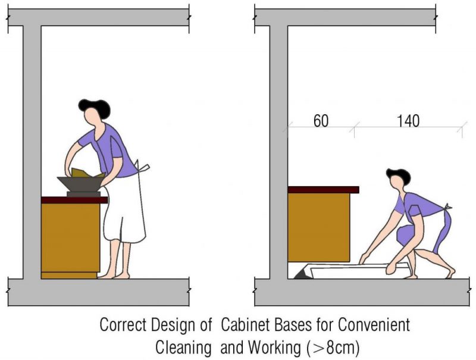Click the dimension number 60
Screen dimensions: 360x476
point(322,121)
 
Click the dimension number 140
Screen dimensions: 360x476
point(408,121)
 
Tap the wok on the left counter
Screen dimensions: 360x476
point(80,184)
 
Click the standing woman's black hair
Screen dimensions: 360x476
point(95,107)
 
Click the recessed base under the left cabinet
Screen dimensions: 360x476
point(69,275)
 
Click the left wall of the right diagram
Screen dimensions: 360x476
point(278,149)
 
